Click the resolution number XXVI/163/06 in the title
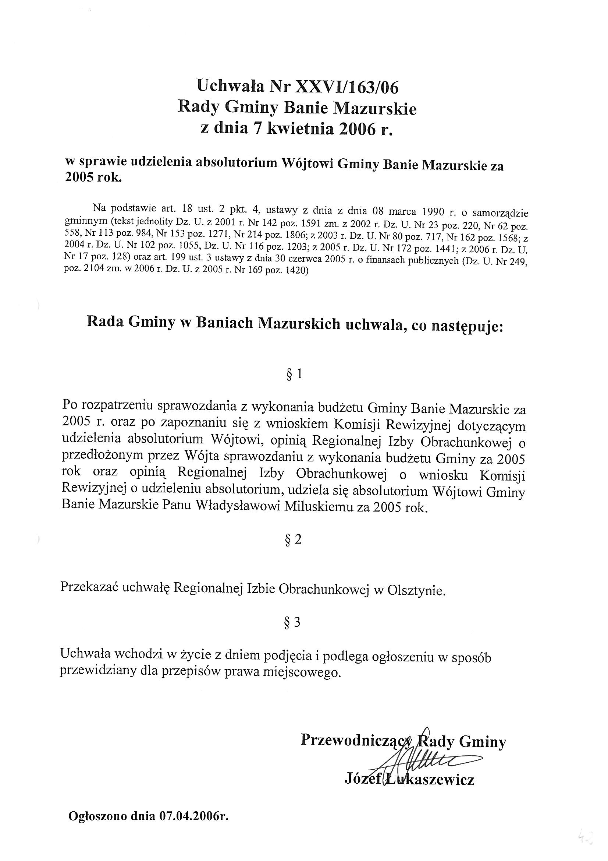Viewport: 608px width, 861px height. tap(347, 87)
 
